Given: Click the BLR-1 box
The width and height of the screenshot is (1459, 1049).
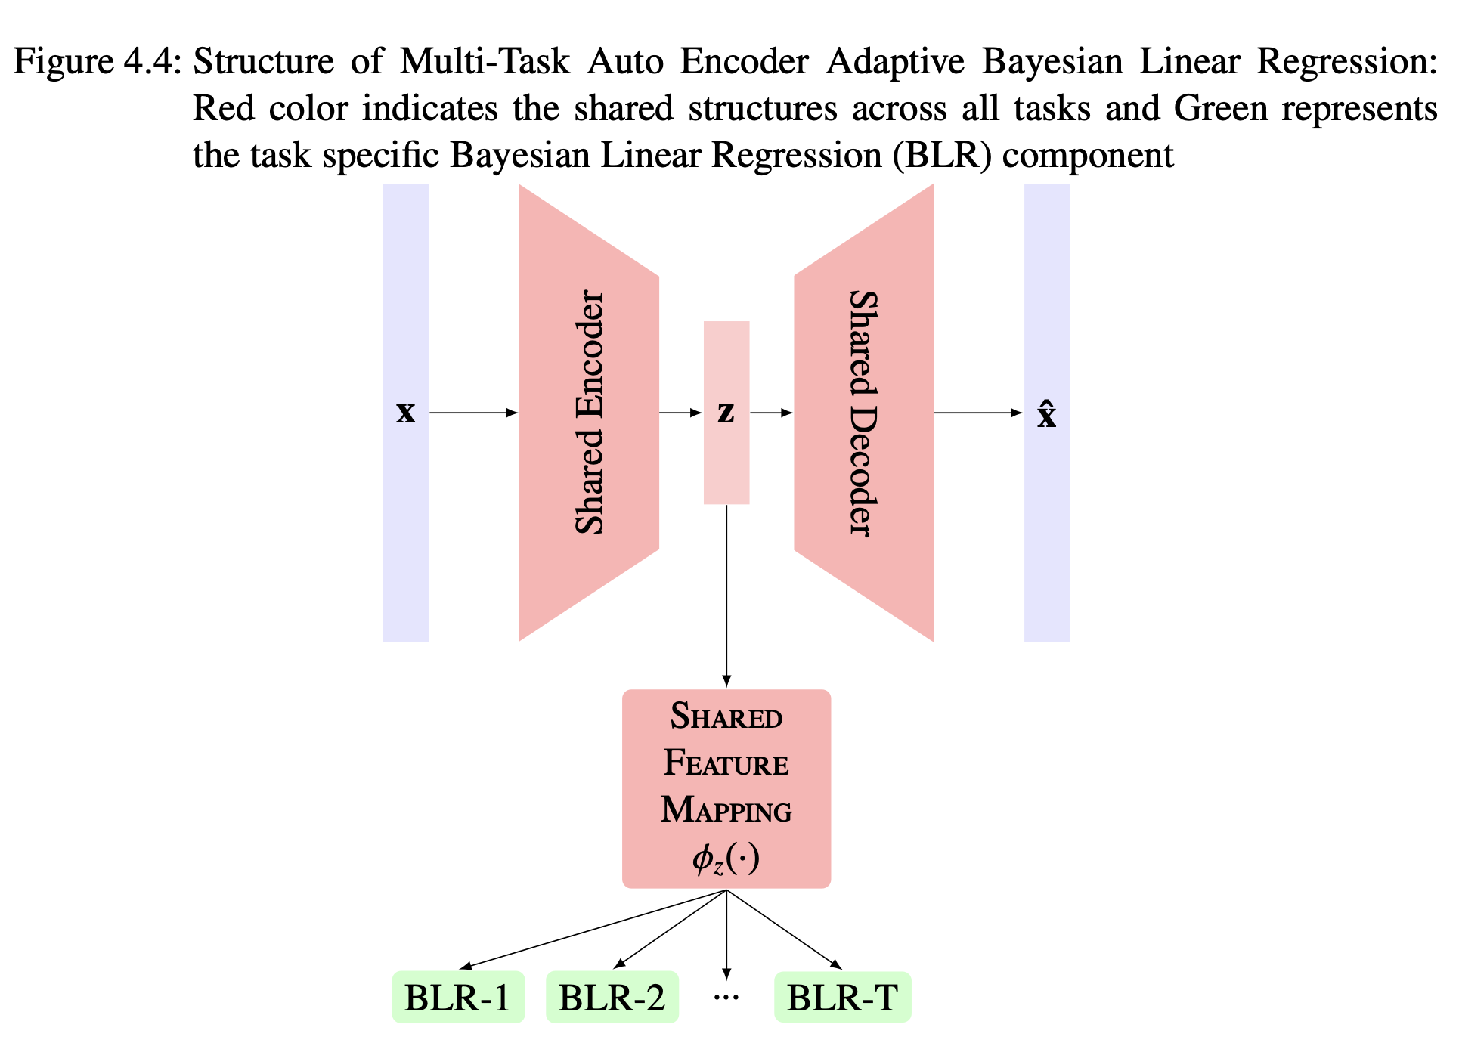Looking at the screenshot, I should [x=458, y=998].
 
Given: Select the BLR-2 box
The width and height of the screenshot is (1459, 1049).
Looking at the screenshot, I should [x=612, y=998].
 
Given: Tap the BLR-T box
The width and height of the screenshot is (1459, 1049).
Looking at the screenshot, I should [x=842, y=998].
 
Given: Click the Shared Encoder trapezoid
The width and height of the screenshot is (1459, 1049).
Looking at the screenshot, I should [x=589, y=413].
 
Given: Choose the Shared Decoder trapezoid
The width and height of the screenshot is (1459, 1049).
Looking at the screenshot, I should [x=864, y=413].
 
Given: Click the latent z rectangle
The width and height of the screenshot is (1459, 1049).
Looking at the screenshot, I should [x=726, y=453].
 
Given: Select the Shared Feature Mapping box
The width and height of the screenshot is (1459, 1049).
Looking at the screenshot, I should [x=726, y=788].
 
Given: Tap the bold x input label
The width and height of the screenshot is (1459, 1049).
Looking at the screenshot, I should [x=406, y=413].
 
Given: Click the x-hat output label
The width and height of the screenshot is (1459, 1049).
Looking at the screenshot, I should [x=1046, y=414].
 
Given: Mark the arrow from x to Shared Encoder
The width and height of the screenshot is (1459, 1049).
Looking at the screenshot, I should [x=473, y=413].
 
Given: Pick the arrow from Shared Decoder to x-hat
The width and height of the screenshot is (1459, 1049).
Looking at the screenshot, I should [x=978, y=413].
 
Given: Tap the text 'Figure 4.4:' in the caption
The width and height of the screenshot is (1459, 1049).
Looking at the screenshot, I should [x=98, y=61].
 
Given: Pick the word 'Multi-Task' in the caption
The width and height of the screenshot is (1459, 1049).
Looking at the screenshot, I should [x=485, y=61].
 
